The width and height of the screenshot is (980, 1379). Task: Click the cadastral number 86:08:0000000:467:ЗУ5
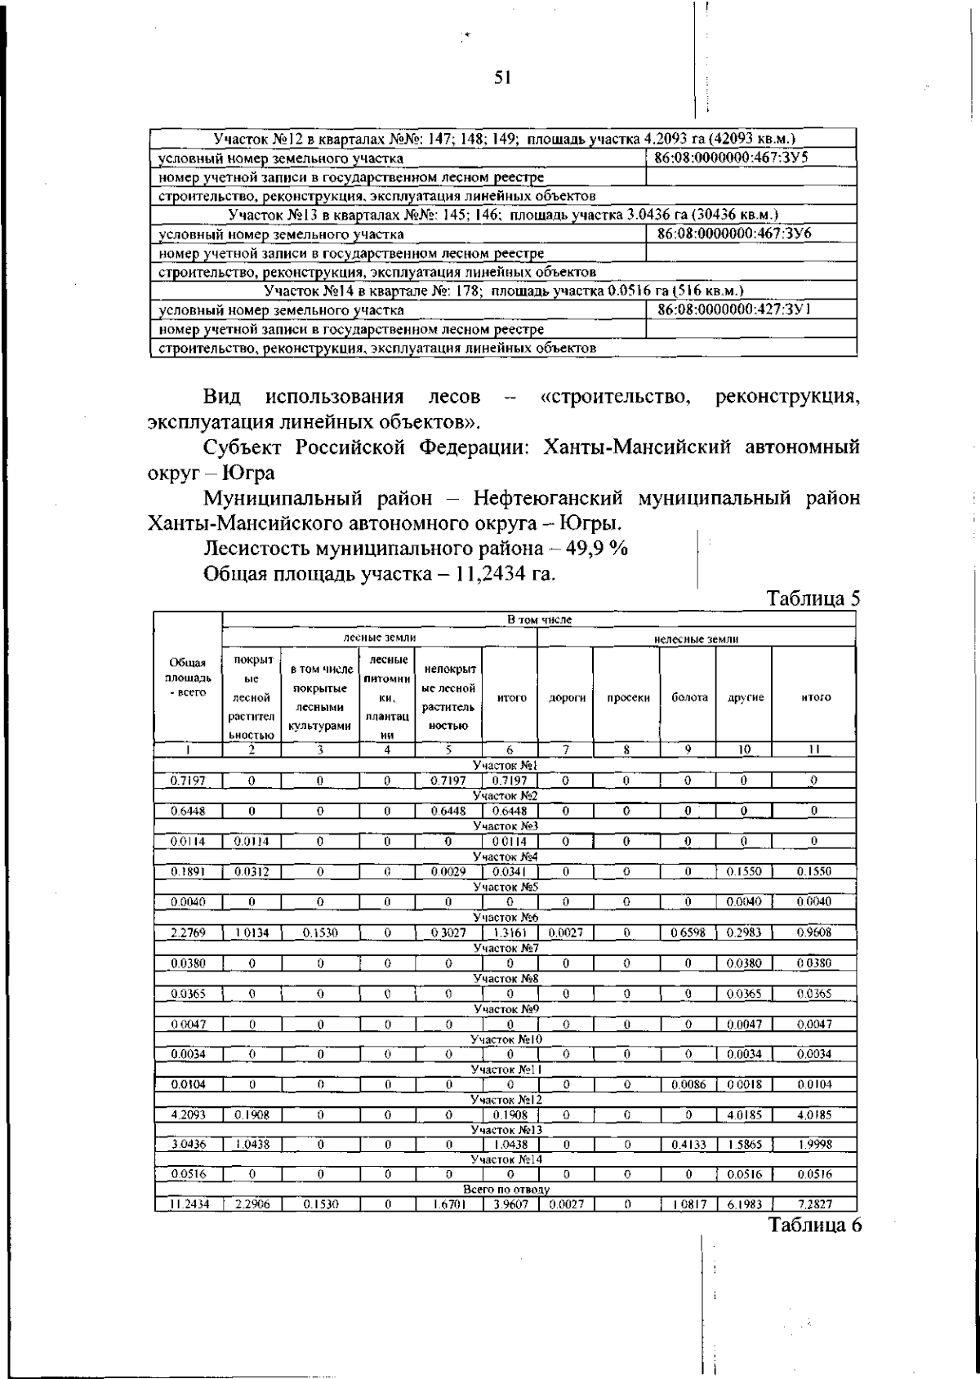733,158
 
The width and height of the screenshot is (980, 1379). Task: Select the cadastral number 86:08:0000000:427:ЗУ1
733,309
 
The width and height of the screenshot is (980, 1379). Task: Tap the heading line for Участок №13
503,216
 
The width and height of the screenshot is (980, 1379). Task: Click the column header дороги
566,697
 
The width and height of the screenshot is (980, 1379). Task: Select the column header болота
688,697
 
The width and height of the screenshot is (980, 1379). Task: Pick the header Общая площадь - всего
188,678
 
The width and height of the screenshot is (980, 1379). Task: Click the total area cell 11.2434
188,1203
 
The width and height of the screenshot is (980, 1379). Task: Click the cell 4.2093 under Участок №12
188,1113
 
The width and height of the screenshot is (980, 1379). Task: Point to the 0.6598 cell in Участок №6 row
688,932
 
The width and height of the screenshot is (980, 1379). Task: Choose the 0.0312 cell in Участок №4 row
252,871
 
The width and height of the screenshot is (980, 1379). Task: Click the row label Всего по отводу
506,1190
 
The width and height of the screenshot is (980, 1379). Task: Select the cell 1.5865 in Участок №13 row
743,1144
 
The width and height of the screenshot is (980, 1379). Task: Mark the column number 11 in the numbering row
814,750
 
